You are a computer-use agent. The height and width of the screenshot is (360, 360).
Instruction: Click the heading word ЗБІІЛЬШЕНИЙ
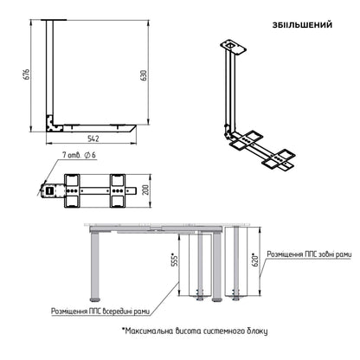pyautogui.click(x=302, y=25)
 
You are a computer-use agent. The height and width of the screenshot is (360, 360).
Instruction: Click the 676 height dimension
pyautogui.click(x=26, y=74)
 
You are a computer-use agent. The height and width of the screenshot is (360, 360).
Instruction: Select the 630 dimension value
pyautogui.click(x=144, y=75)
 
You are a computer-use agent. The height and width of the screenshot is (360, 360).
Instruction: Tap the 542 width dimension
pyautogui.click(x=93, y=138)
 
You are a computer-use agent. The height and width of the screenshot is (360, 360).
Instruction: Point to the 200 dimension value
pyautogui.click(x=146, y=190)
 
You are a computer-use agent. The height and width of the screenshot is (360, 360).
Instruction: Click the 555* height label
pyautogui.click(x=174, y=261)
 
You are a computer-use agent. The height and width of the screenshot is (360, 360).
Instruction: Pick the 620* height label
pyautogui.click(x=255, y=260)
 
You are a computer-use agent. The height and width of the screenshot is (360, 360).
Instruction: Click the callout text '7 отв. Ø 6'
pyautogui.click(x=79, y=155)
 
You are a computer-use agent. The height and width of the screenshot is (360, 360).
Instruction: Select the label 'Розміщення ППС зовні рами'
pyautogui.click(x=309, y=254)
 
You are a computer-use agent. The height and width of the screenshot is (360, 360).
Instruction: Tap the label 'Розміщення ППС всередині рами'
pyautogui.click(x=100, y=312)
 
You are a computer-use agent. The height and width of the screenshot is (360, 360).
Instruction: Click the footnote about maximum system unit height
pyautogui.click(x=195, y=331)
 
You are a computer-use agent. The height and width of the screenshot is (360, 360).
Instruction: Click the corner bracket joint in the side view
pyautogui.click(x=53, y=124)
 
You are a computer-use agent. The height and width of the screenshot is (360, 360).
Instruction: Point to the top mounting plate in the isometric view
pyautogui.click(x=234, y=47)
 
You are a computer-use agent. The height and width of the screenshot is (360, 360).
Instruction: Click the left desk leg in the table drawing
pyautogui.click(x=94, y=266)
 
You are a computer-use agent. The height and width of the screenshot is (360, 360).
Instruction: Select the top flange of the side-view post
pyautogui.click(x=54, y=20)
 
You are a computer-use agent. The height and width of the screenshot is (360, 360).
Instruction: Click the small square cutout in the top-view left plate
pyautogui.click(x=49, y=190)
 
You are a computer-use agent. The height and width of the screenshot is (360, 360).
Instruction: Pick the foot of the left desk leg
pyautogui.click(x=94, y=299)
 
